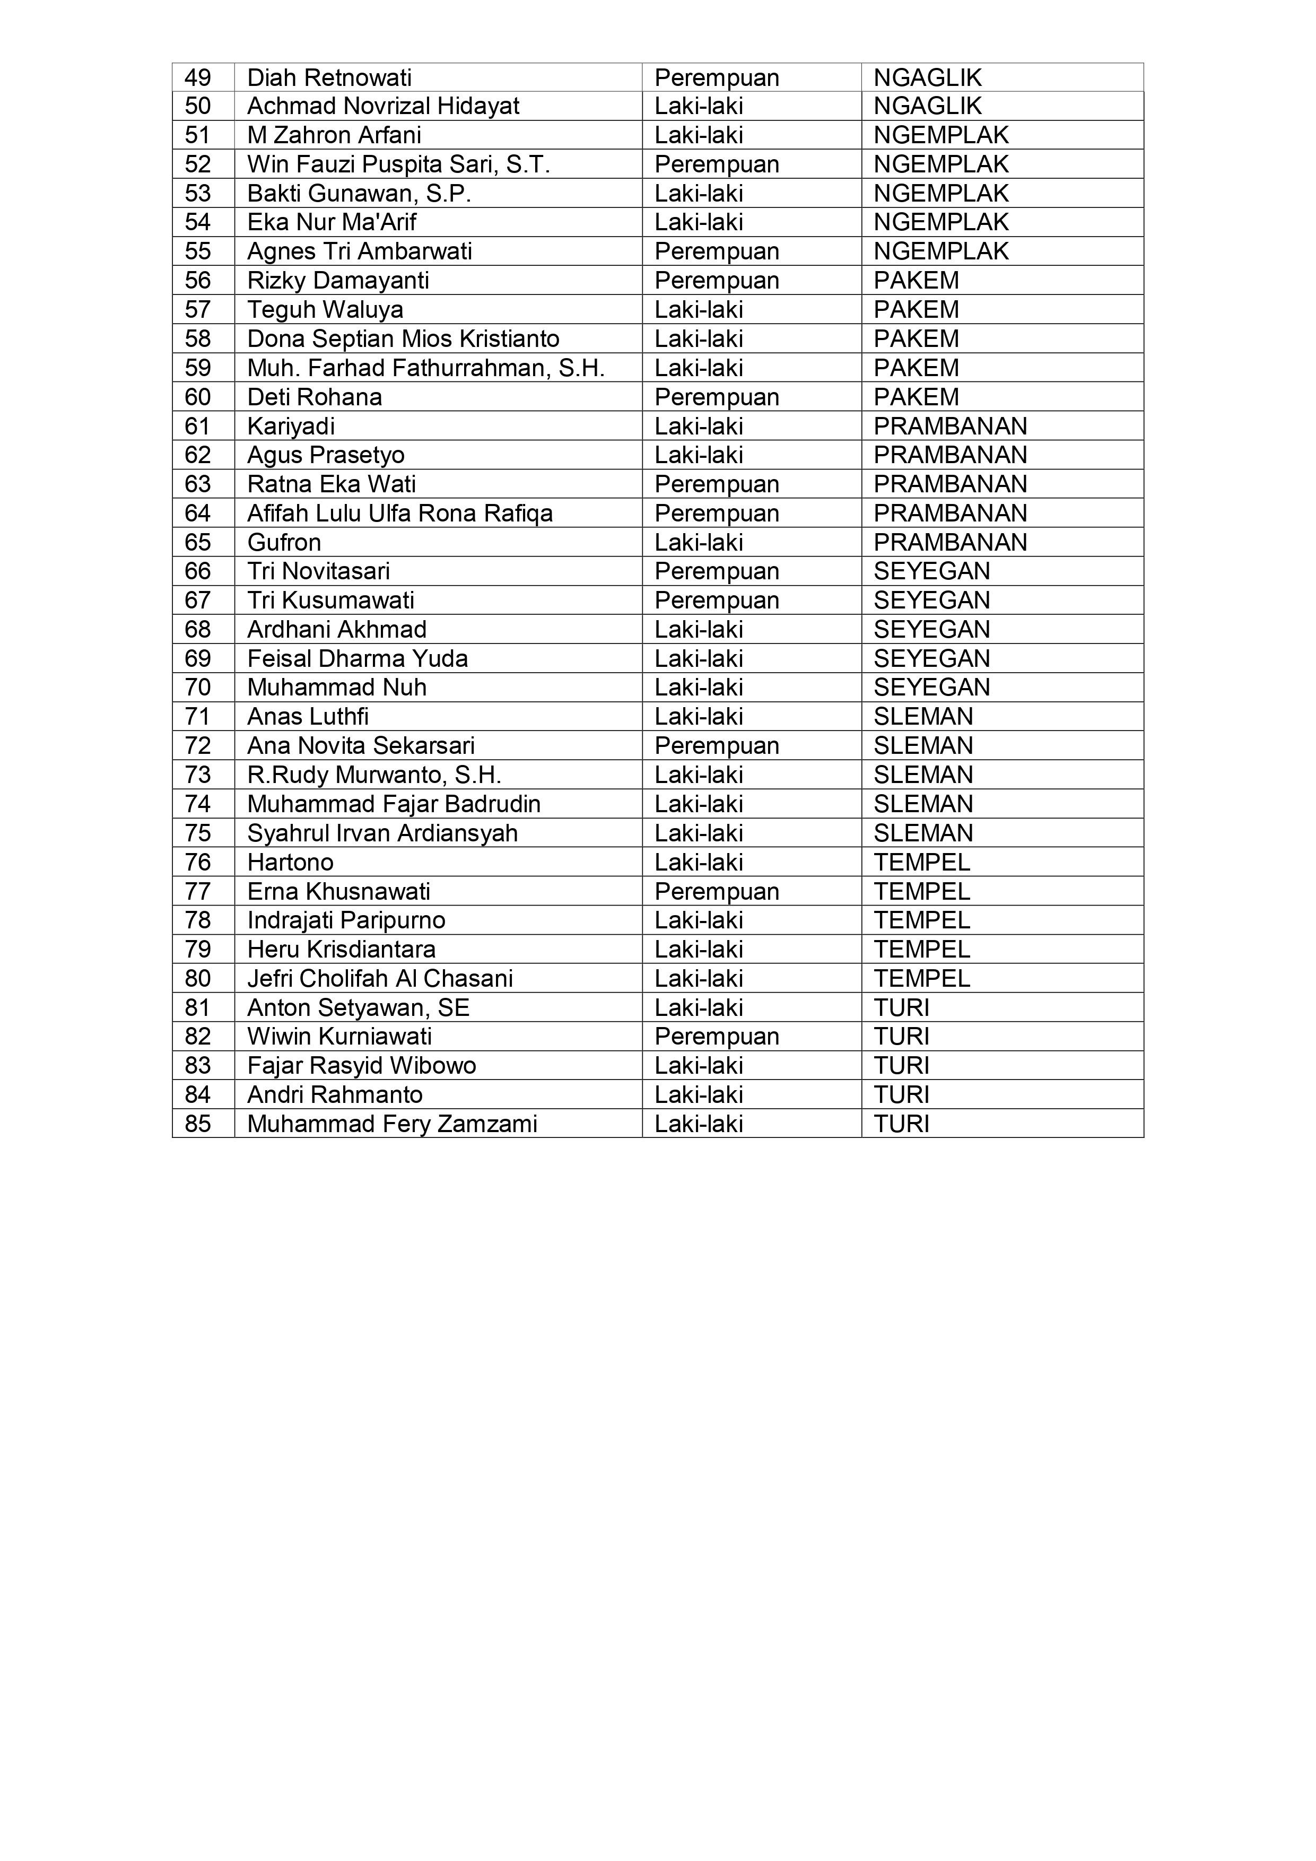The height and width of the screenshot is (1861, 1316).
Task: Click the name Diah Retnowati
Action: coord(329,78)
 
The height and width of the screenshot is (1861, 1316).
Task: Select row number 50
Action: coord(198,106)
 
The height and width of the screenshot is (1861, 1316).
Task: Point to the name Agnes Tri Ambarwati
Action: coord(360,251)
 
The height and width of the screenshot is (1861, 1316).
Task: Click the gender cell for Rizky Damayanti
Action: coord(716,281)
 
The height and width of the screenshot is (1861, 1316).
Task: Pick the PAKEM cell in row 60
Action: coord(916,397)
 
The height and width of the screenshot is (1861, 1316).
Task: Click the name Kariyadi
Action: coord(291,427)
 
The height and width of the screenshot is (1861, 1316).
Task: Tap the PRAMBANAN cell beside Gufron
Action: coord(949,542)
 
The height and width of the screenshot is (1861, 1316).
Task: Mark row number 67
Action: coord(198,601)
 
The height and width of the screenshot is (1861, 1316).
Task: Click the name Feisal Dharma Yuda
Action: coord(358,658)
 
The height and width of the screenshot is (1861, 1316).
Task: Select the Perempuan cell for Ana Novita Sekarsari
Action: coord(716,746)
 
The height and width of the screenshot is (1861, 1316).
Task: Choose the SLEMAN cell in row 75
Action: coord(923,833)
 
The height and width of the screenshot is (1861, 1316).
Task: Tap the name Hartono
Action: coord(290,863)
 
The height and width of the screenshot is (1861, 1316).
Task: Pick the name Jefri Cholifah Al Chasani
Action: coord(380,978)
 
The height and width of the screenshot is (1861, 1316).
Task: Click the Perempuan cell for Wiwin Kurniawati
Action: coord(716,1037)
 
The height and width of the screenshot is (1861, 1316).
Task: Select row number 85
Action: coord(198,1124)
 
